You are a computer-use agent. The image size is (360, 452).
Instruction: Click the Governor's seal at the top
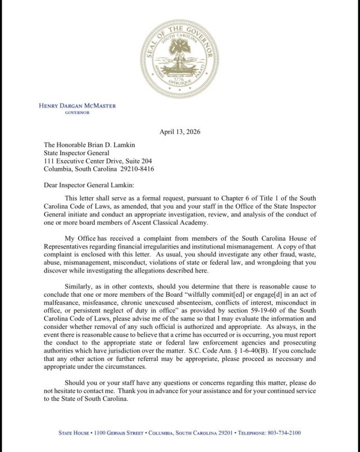pyautogui.click(x=180, y=58)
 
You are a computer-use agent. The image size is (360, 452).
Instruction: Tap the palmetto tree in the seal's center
pyautogui.click(x=180, y=55)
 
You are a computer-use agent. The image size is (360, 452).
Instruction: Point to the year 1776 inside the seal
pyautogui.click(x=180, y=79)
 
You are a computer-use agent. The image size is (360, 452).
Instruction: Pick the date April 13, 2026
pyautogui.click(x=180, y=132)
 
